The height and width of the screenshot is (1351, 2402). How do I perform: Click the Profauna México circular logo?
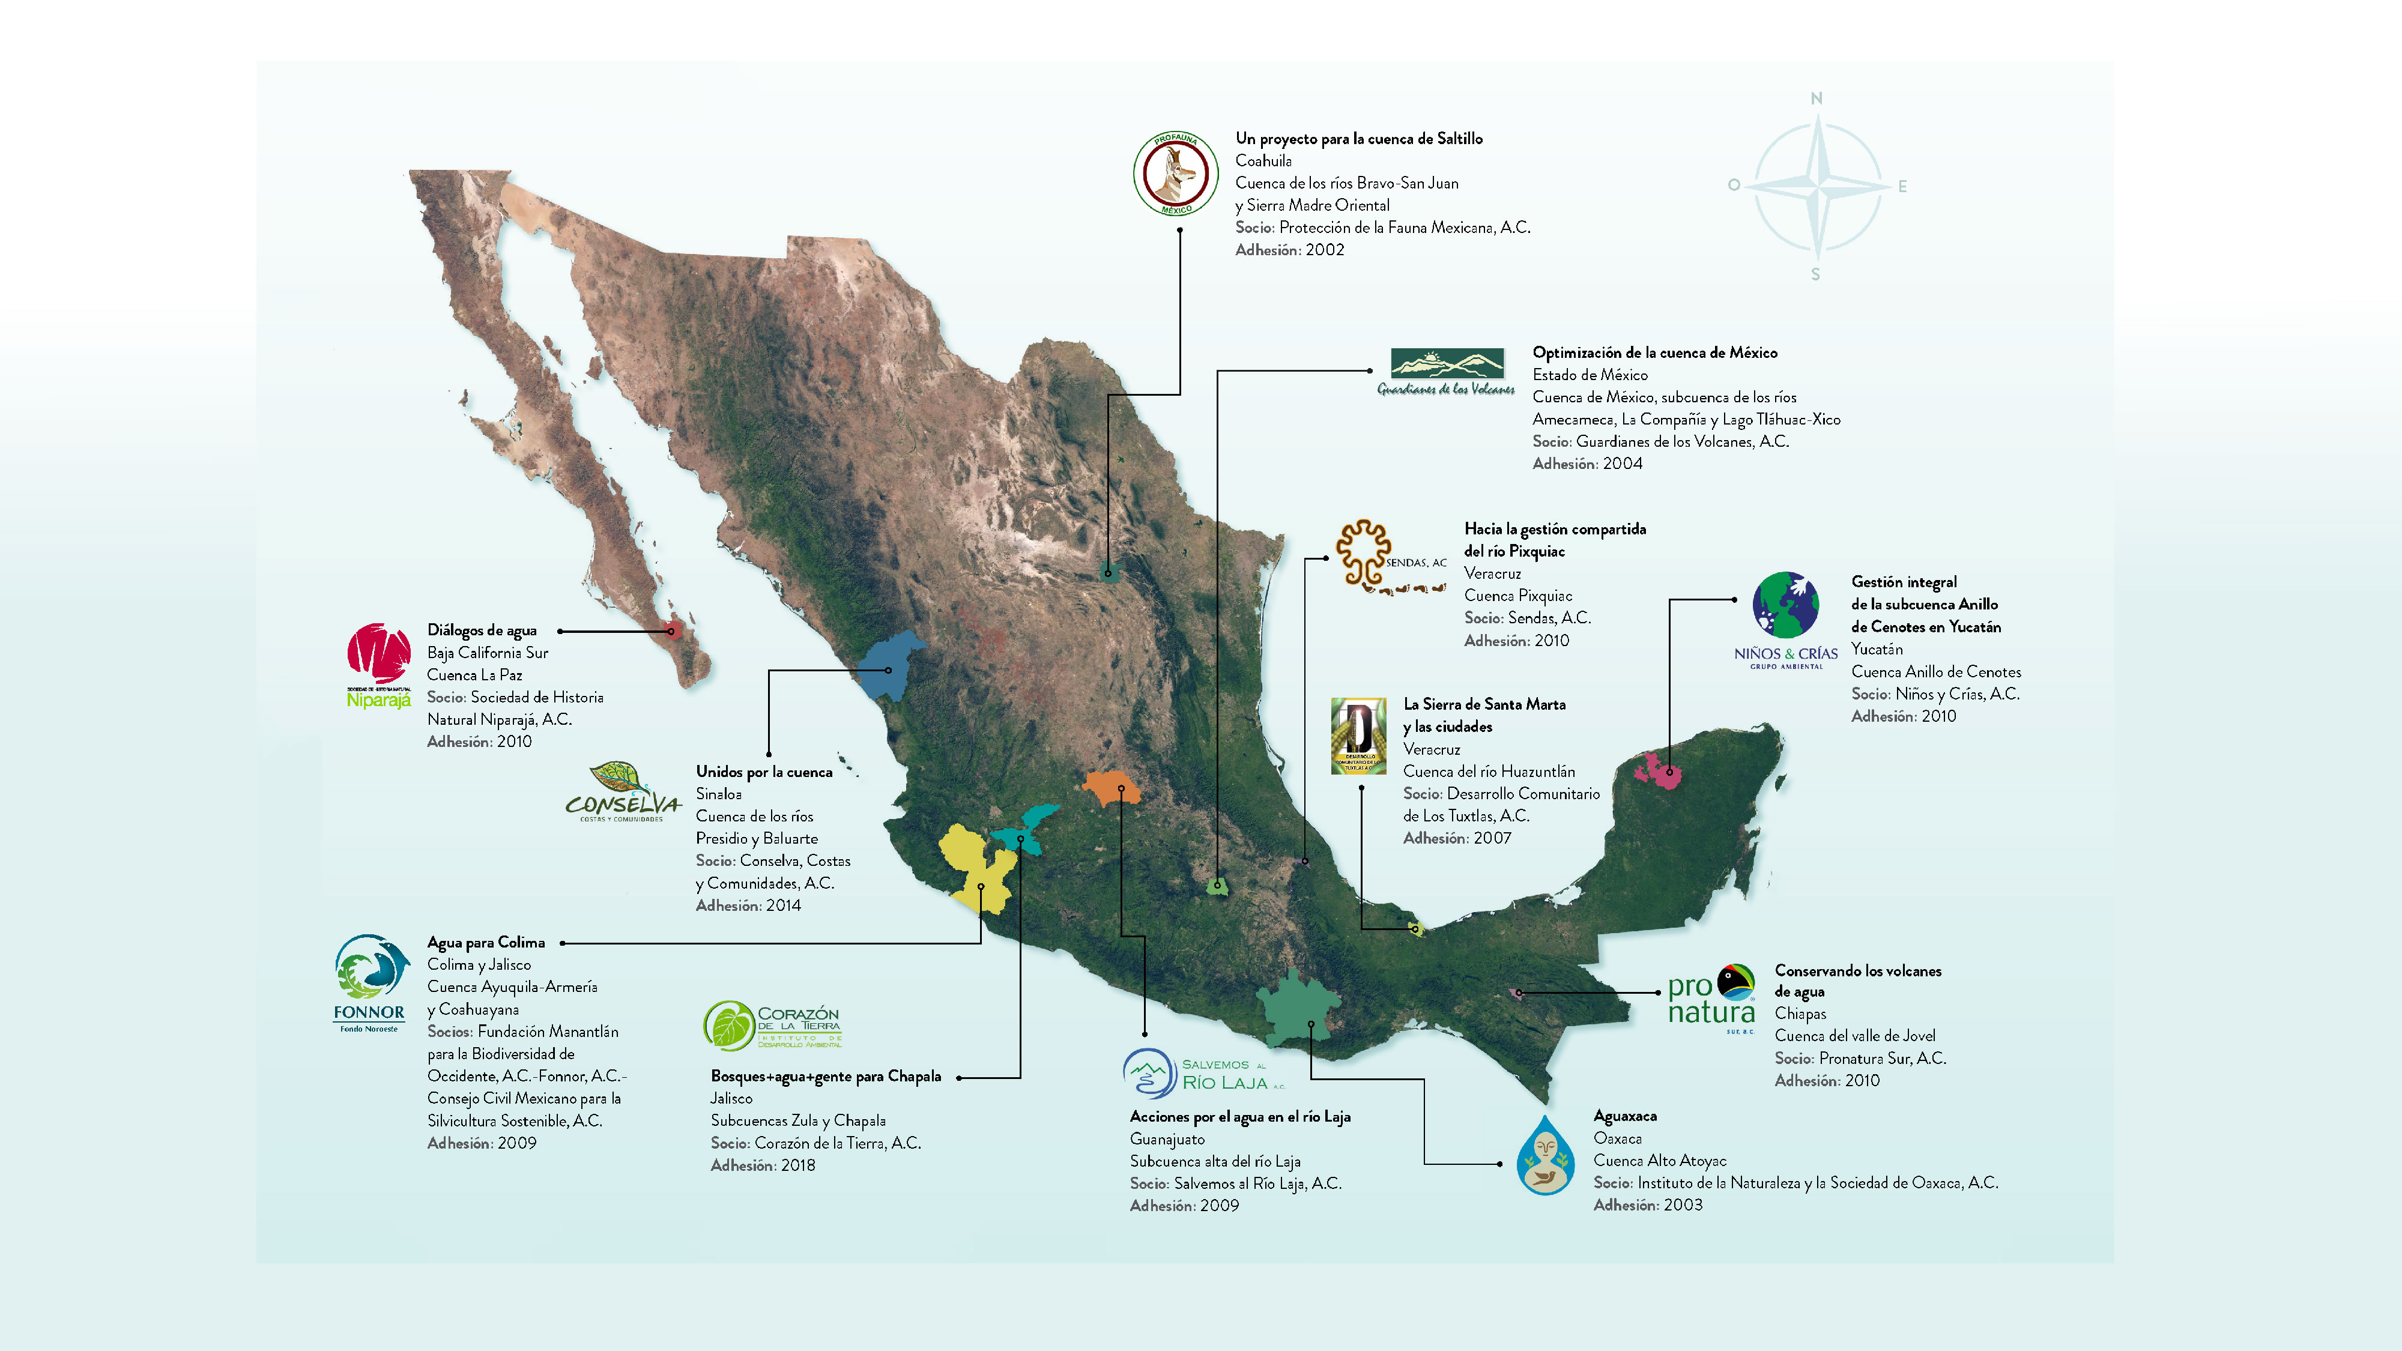pos(1175,174)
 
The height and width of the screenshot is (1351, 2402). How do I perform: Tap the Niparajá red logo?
pos(378,665)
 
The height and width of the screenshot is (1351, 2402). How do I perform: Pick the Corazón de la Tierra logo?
pos(772,1026)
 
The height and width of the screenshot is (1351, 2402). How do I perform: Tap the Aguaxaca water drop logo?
pos(1545,1155)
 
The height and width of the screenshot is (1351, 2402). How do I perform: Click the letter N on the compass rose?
pos(1815,98)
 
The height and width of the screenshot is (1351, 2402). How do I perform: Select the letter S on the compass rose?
pos(1815,274)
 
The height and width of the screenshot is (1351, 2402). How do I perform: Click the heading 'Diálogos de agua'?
pos(481,630)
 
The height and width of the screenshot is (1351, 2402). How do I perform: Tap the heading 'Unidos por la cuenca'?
pos(764,772)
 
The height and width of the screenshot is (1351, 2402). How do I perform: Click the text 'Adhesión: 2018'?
pos(762,1165)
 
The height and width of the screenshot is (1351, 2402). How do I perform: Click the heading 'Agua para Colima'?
pos(486,943)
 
